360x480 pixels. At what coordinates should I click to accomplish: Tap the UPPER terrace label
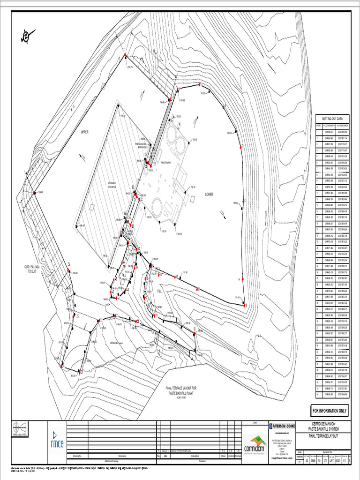(x=84, y=132)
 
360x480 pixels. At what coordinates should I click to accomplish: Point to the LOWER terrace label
(x=209, y=194)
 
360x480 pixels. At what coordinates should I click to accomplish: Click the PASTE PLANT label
(x=167, y=162)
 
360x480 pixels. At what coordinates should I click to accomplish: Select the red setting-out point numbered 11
(x=198, y=289)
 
